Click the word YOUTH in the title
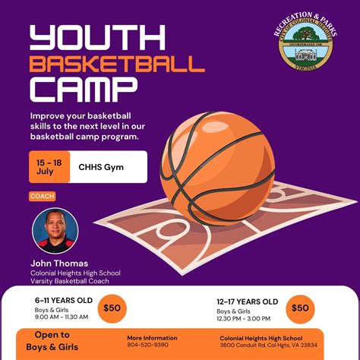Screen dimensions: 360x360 click(96, 39)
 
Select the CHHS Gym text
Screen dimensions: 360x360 click(102, 166)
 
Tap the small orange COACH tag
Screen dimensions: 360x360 click(42, 196)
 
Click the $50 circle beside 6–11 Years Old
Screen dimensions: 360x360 click(112, 308)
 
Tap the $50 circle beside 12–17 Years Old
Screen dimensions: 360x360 click(300, 308)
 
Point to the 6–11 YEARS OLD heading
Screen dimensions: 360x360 click(63, 301)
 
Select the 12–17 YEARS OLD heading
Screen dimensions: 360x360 click(248, 302)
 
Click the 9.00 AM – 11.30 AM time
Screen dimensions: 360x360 click(61, 318)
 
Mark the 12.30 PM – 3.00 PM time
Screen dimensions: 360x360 click(245, 319)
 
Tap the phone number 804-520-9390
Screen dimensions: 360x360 click(148, 345)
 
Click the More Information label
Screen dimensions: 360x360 click(151, 337)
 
